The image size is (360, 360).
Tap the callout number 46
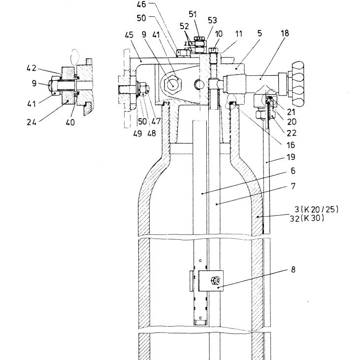tap(141, 4)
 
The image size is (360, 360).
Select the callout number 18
tap(285, 33)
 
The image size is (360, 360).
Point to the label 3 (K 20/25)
tap(317, 209)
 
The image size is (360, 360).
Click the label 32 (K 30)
tap(307, 218)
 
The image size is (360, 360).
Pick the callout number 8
tap(293, 269)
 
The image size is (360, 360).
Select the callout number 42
tap(32, 68)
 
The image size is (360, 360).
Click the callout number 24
tap(32, 122)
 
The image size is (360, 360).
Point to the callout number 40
tap(70, 122)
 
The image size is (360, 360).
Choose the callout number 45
tap(129, 35)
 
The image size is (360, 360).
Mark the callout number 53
tap(212, 20)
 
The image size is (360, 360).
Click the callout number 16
tap(291, 145)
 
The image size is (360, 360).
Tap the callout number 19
tap(291, 157)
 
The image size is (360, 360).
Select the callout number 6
tap(293, 171)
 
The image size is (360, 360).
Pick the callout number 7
tap(293, 186)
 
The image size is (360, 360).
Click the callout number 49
tap(137, 133)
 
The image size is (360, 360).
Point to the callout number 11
tap(239, 34)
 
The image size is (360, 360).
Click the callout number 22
tap(292, 133)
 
